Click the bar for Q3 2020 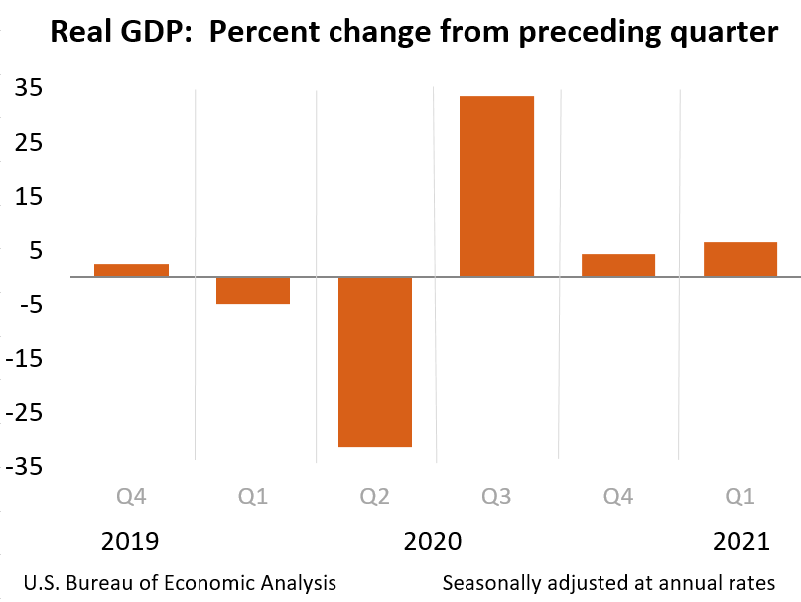pyautogui.click(x=496, y=186)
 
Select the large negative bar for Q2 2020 pyautogui.click(x=375, y=362)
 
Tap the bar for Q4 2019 pyautogui.click(x=131, y=270)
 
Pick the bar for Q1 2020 pyautogui.click(x=253, y=290)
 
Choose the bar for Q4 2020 pyautogui.click(x=618, y=265)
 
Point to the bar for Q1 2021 pyautogui.click(x=740, y=259)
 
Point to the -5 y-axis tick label pyautogui.click(x=28, y=304)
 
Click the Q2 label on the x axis pyautogui.click(x=375, y=494)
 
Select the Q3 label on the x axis pyautogui.click(x=496, y=494)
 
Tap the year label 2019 pyautogui.click(x=130, y=542)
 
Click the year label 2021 pyautogui.click(x=740, y=542)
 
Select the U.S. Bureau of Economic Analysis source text pyautogui.click(x=180, y=582)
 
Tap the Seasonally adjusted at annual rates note pyautogui.click(x=608, y=582)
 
